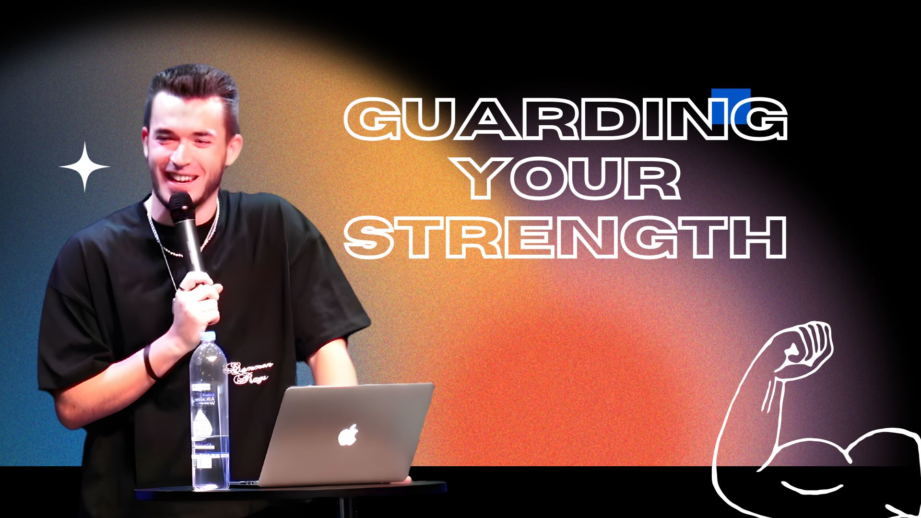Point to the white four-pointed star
pos(84,167)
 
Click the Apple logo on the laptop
pos(348,435)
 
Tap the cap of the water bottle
pos(207,336)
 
